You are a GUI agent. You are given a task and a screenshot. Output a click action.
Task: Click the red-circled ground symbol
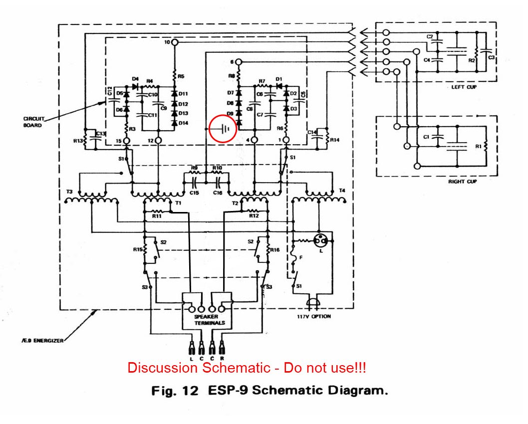[223, 129]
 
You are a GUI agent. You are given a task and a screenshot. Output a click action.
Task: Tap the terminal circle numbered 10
[175, 43]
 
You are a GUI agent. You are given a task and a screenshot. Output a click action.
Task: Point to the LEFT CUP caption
[465, 87]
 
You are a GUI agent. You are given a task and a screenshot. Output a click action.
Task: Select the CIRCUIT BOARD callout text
[33, 122]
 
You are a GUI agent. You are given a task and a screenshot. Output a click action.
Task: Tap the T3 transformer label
[69, 192]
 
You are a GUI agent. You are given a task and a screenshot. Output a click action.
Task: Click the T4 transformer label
[342, 191]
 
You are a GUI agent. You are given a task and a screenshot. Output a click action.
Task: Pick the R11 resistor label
[156, 216]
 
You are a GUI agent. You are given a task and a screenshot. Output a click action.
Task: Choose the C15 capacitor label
[195, 192]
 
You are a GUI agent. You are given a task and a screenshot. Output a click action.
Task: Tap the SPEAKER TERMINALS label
[210, 319]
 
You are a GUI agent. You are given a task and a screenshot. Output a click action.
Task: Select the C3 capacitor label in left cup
[491, 58]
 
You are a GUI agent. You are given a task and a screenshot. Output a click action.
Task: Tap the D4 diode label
[135, 79]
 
